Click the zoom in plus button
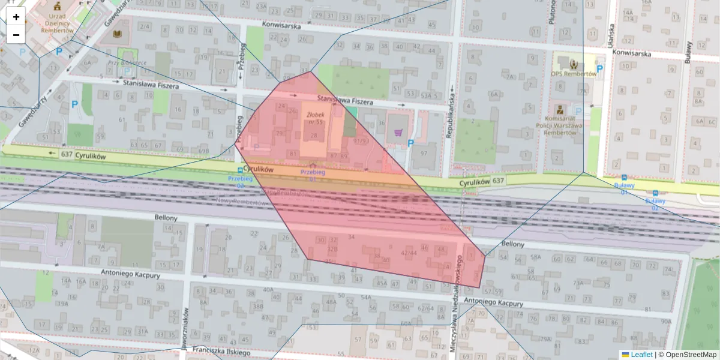tap(16, 17)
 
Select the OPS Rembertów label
tap(574, 74)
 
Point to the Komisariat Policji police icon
tap(559, 110)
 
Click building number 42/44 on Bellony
tap(409, 253)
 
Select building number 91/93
tap(361, 141)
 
